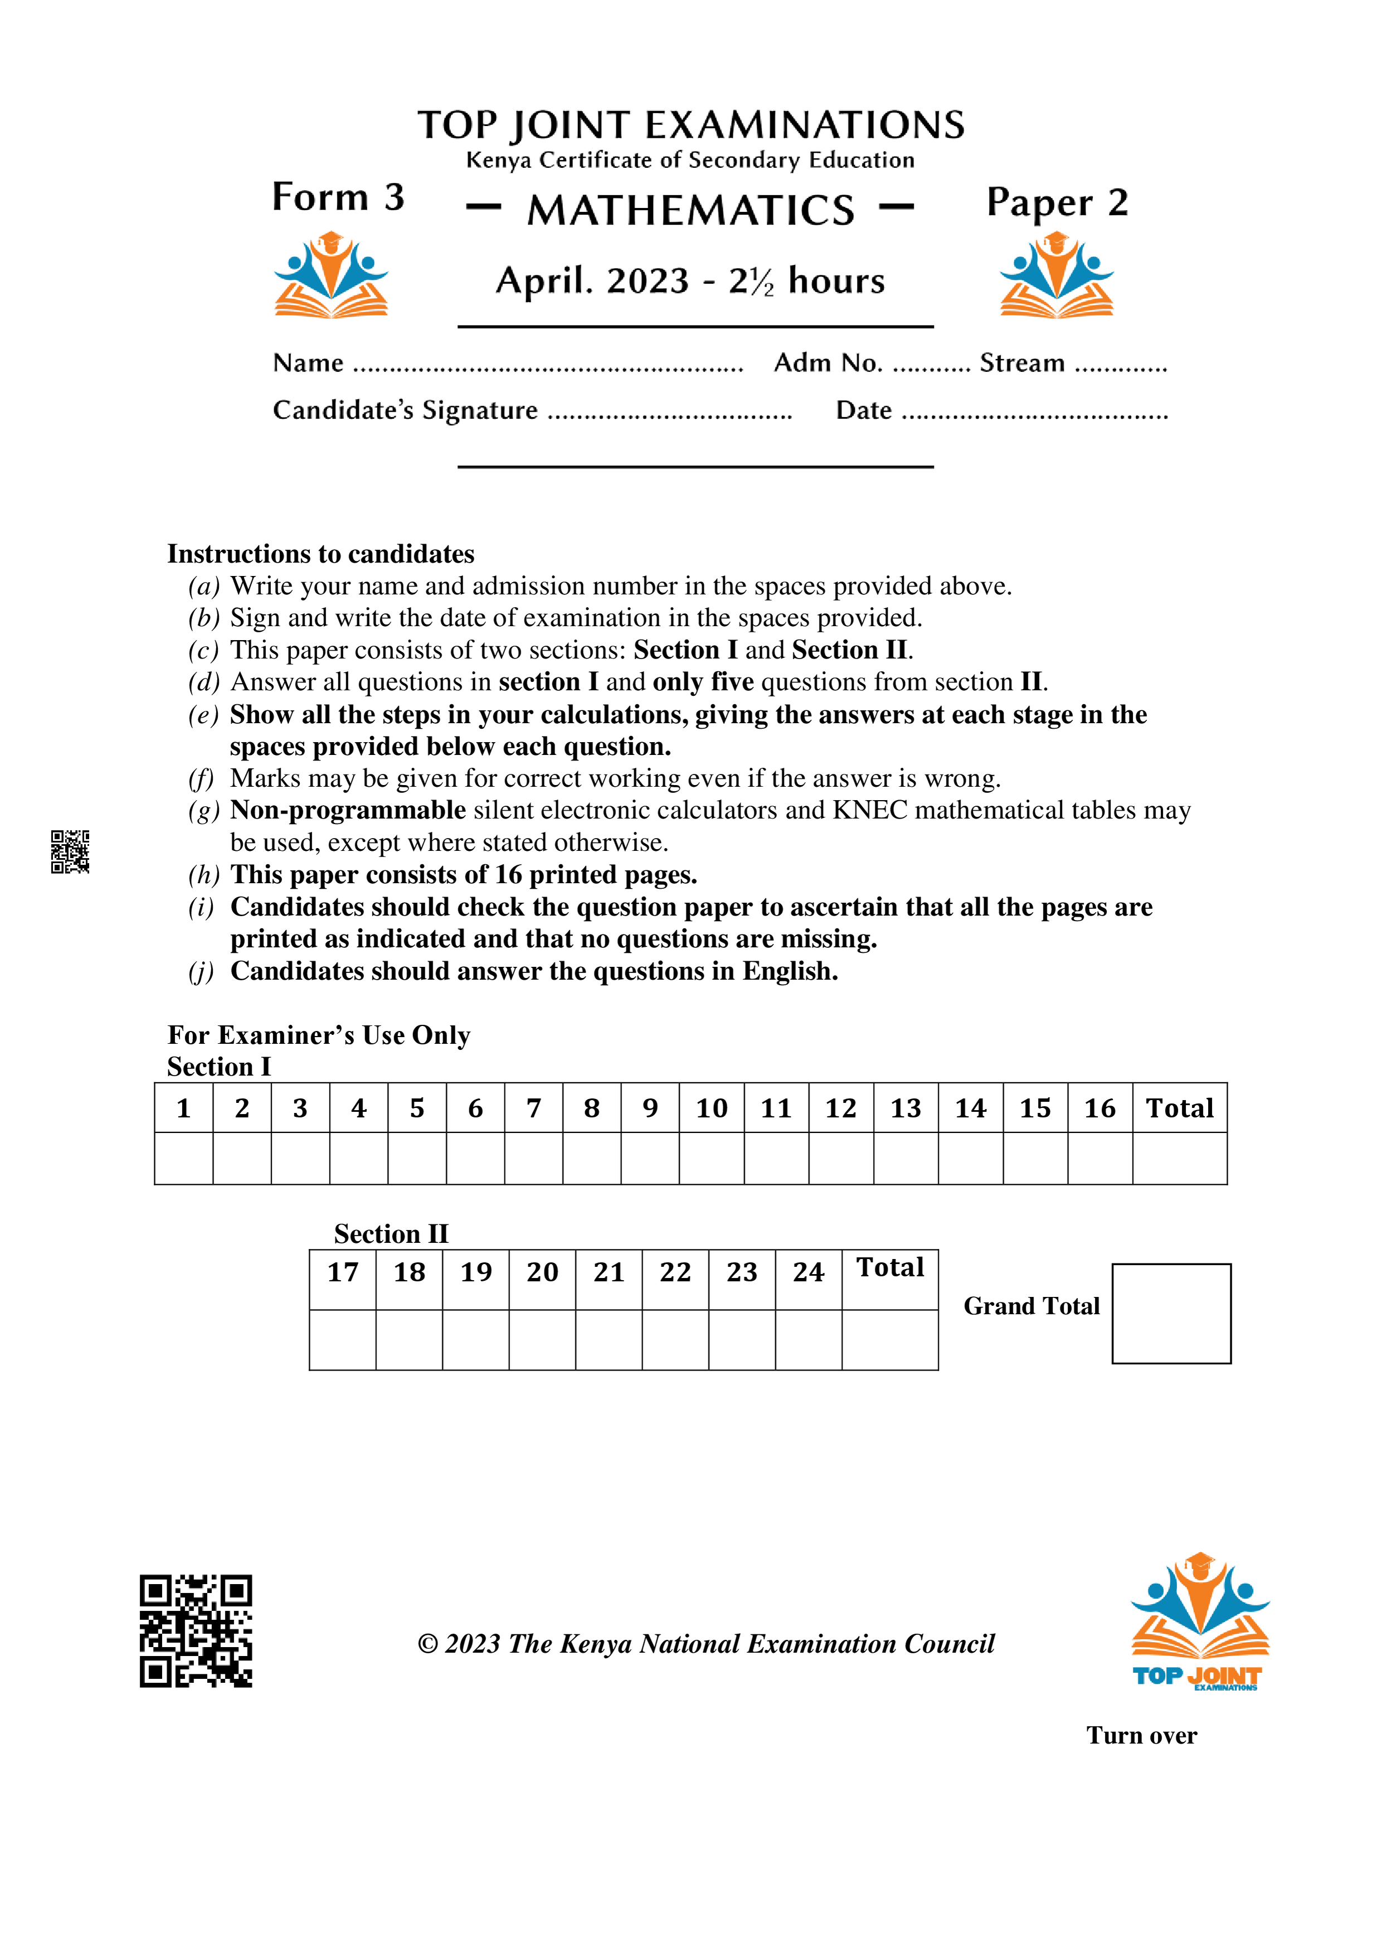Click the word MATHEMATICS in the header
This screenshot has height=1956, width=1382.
click(690, 210)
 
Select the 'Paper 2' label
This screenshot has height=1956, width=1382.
click(1057, 203)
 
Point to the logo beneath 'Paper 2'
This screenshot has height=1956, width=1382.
click(1056, 275)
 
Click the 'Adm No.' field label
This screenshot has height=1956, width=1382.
click(828, 363)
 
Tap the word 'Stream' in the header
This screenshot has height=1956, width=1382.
click(1022, 363)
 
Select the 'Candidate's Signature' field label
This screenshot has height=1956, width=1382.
click(405, 410)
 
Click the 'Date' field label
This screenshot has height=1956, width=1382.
click(863, 410)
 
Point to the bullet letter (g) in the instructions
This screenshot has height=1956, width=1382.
click(203, 810)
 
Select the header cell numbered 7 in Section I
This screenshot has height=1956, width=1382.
click(533, 1108)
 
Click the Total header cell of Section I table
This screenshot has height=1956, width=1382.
click(1179, 1108)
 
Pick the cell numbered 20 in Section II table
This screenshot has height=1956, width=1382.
click(542, 1273)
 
